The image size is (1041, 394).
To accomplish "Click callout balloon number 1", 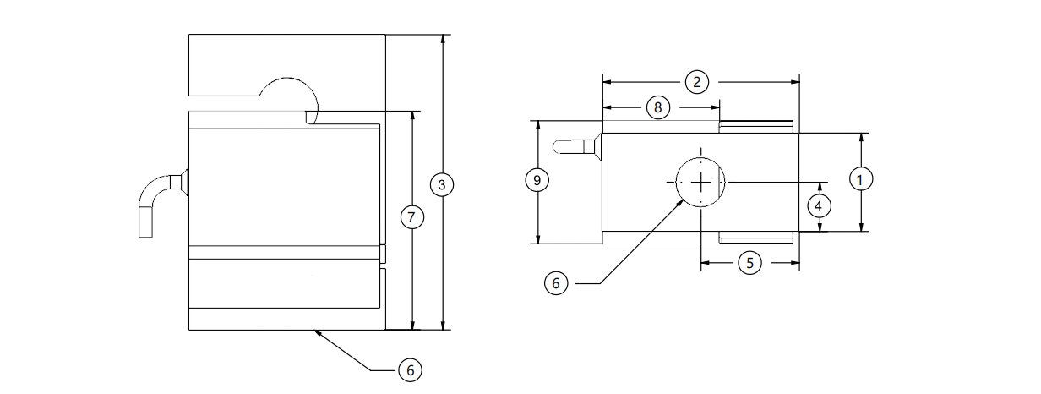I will click(860, 179).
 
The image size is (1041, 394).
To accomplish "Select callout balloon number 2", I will click(696, 82).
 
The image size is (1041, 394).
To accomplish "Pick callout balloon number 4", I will click(817, 204).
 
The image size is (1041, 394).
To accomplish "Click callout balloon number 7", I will click(411, 217).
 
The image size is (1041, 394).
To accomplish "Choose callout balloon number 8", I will click(658, 107).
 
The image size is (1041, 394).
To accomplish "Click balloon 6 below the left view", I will click(409, 369).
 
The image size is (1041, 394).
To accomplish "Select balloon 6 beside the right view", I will click(555, 283).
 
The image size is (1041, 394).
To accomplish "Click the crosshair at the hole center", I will click(700, 181).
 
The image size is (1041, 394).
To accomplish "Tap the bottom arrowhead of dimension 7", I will click(411, 326).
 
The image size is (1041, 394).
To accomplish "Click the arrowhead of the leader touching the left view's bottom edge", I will click(315, 332).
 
